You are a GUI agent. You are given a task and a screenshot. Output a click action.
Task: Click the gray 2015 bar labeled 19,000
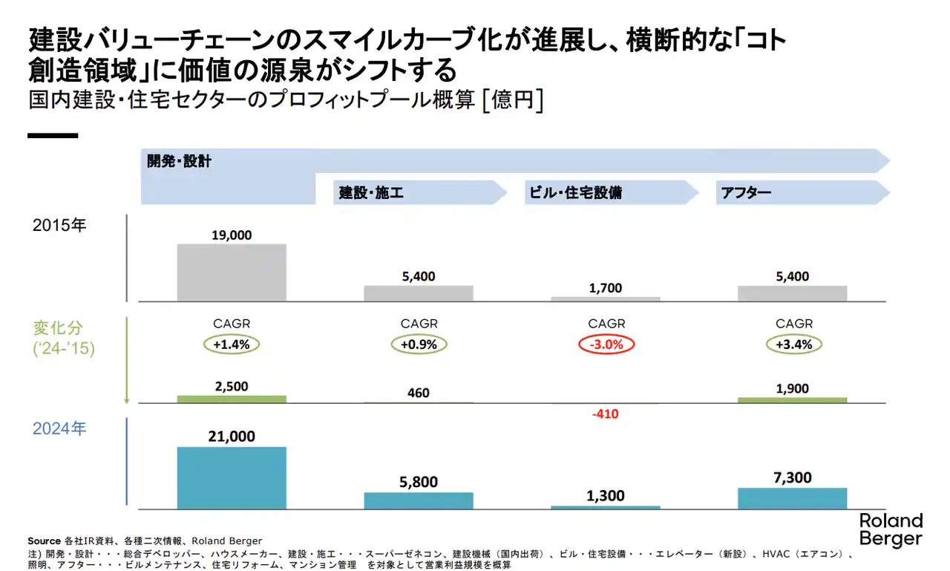tap(232, 273)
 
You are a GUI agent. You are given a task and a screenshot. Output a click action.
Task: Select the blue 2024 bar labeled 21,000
tap(232, 478)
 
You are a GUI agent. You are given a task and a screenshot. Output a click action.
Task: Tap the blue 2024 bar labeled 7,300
tap(792, 498)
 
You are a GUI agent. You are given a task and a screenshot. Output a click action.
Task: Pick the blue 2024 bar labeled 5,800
tap(419, 500)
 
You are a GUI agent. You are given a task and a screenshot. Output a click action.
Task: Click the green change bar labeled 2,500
tap(232, 399)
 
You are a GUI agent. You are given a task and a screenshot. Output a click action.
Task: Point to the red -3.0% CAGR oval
tap(606, 345)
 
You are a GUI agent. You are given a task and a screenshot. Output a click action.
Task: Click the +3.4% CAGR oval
tap(793, 345)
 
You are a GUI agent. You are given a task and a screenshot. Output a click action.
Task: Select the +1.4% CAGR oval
tap(232, 345)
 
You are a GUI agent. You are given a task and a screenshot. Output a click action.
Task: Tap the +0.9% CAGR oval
tap(419, 345)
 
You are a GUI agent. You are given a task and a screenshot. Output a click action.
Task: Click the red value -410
tap(605, 414)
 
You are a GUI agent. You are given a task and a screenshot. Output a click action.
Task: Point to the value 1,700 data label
tap(605, 288)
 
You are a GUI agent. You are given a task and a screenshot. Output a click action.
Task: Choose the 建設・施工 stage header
tap(371, 193)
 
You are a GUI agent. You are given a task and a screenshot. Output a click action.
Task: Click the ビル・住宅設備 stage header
tap(574, 193)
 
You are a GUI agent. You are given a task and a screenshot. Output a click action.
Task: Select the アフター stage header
tap(745, 193)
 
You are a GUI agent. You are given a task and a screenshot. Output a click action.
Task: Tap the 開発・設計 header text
tap(179, 161)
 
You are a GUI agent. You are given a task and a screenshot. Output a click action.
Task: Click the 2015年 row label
tap(59, 225)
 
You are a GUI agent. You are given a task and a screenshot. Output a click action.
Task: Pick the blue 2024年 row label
tap(59, 428)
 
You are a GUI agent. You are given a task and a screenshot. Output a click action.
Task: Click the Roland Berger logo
tap(891, 529)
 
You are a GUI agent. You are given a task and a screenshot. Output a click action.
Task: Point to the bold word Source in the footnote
tap(44, 541)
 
